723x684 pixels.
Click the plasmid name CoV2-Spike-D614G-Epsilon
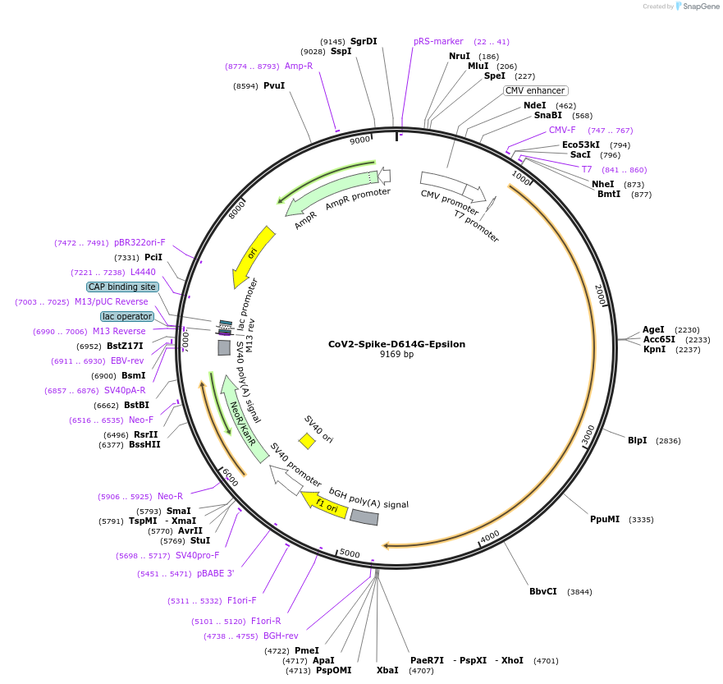coord(396,344)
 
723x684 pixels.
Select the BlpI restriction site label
coord(638,441)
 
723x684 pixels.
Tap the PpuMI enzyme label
coord(605,519)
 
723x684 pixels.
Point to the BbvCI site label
coord(543,591)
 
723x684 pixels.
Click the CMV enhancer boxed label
coord(535,90)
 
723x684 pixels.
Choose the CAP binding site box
coord(122,287)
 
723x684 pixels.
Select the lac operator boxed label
coord(127,316)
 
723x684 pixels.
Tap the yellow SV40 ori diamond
coord(307,442)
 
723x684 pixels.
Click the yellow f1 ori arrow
coord(323,504)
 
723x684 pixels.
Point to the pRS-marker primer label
coord(438,41)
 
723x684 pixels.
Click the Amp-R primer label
coord(299,66)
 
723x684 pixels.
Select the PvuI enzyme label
coord(274,85)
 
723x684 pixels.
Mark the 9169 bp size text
coord(396,355)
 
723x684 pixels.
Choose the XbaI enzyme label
coord(387,670)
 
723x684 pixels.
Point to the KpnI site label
coord(654,349)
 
